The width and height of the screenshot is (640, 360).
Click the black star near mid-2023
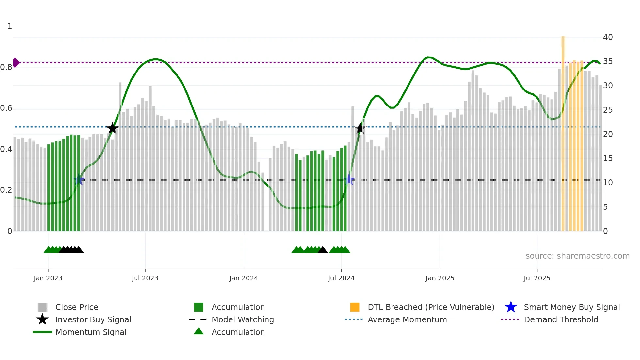click(x=112, y=128)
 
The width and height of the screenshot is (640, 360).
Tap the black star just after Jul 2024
click(x=360, y=128)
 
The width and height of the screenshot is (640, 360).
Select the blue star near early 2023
click(x=79, y=180)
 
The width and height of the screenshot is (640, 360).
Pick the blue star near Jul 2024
click(x=349, y=180)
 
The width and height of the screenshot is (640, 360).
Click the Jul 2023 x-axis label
click(x=145, y=278)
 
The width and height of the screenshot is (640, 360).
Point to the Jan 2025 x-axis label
click(x=440, y=278)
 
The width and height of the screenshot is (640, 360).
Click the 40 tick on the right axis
click(x=608, y=37)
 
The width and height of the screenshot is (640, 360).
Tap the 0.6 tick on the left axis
click(x=6, y=108)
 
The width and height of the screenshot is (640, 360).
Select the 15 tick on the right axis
click(x=608, y=158)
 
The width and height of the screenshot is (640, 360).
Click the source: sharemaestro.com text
click(x=577, y=256)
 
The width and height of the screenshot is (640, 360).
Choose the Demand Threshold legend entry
click(x=561, y=319)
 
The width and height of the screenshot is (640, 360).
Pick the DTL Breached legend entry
click(x=431, y=307)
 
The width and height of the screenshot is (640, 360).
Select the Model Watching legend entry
click(x=242, y=319)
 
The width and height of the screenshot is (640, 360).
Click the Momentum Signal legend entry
click(x=91, y=332)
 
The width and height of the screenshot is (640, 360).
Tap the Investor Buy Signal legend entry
click(x=93, y=319)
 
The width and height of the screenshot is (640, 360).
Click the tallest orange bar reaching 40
click(x=563, y=131)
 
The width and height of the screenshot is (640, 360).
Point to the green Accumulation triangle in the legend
click(x=199, y=331)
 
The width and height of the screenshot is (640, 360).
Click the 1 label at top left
click(x=10, y=26)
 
